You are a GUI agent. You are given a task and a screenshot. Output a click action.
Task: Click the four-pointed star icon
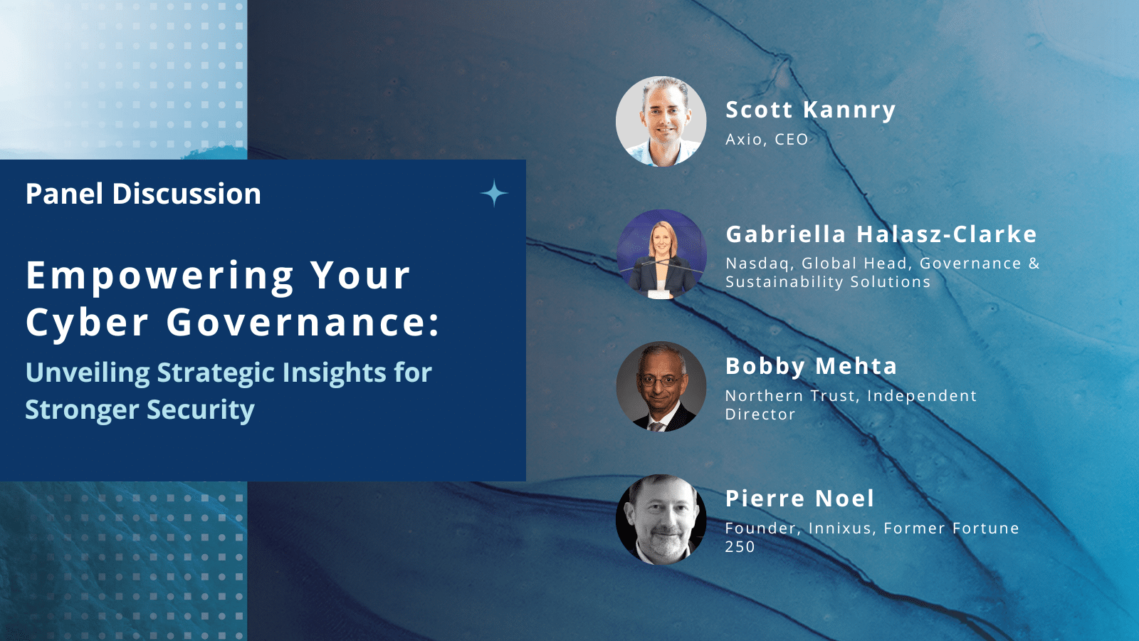tap(494, 193)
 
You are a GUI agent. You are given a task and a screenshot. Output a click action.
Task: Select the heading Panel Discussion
tap(143, 194)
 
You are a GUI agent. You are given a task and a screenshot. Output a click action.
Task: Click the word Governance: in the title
tap(303, 322)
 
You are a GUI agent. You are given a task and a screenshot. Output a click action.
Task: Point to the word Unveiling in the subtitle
tap(88, 372)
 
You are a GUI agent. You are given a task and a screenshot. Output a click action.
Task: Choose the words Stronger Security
tap(140, 410)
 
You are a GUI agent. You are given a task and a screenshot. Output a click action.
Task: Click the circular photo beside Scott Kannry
tap(661, 122)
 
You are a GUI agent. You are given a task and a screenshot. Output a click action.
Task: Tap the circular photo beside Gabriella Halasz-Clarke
tap(661, 254)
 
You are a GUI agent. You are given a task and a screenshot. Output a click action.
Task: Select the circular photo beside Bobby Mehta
tap(661, 387)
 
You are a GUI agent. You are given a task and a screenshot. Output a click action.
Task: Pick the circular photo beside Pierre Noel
tap(661, 519)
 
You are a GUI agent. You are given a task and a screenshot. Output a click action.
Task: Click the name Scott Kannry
tap(811, 110)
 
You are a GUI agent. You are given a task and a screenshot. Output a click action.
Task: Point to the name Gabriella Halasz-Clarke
tap(881, 234)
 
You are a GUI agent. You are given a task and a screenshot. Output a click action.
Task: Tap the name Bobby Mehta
tap(811, 366)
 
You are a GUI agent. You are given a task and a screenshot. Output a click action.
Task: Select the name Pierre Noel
tap(800, 498)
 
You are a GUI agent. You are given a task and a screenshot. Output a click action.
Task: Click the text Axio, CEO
tap(767, 140)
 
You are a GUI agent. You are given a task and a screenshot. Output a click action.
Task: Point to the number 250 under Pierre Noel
tap(740, 547)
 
